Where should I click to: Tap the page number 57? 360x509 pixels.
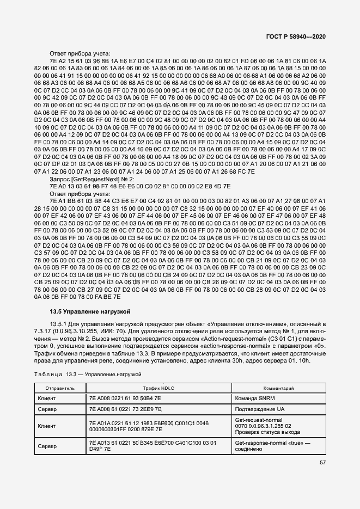322,463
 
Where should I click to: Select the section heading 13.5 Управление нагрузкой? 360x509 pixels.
89,311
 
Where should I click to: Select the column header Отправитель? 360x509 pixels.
60,389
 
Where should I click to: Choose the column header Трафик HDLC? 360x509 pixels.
158,389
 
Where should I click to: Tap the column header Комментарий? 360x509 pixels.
278,389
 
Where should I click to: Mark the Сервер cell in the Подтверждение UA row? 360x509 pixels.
47,409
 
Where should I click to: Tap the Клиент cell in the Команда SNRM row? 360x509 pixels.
47,398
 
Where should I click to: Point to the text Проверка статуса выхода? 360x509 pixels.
267,432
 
